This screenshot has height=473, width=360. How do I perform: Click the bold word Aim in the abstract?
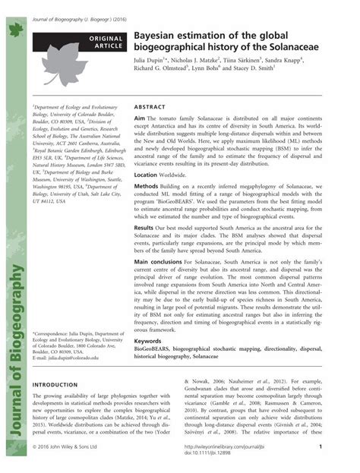point(139,120)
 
